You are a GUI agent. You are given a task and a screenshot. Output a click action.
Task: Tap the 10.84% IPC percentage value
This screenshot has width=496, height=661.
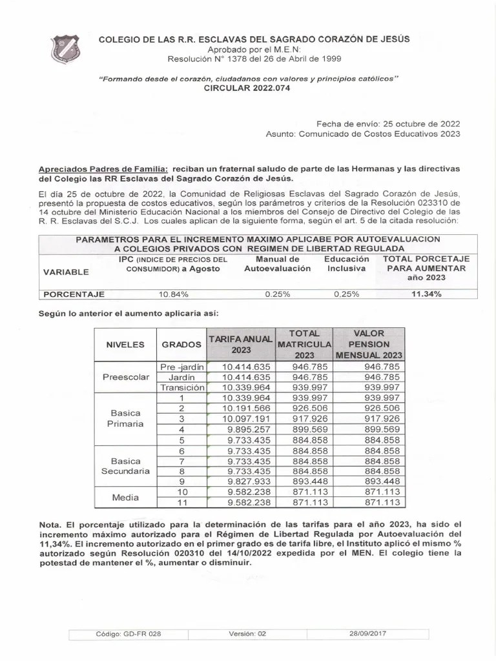(x=173, y=294)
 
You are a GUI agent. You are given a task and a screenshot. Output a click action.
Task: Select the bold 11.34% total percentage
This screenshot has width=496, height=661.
(x=426, y=294)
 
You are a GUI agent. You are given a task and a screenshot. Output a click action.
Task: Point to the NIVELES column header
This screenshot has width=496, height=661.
(x=125, y=345)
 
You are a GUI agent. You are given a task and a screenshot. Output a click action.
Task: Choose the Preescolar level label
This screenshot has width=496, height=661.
(x=125, y=377)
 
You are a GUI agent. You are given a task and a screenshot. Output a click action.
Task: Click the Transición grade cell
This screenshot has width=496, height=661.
(x=182, y=387)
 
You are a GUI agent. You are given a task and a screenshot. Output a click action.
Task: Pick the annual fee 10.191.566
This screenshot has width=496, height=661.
(x=245, y=408)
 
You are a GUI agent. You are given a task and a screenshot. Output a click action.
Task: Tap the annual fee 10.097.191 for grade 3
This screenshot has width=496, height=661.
(x=245, y=418)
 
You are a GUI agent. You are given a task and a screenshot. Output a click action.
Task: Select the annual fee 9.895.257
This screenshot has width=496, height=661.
(x=248, y=429)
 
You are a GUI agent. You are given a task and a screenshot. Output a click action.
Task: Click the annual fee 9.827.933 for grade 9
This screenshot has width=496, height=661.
(x=248, y=481)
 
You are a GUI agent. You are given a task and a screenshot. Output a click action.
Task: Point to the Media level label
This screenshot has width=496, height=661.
(x=125, y=496)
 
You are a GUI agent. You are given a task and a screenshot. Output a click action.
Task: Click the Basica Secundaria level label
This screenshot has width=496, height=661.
(x=125, y=466)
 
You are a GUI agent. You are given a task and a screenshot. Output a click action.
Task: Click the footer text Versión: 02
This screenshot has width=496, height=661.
(x=247, y=634)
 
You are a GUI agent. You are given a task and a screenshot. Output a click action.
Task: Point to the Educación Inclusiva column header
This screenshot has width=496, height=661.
(x=347, y=263)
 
